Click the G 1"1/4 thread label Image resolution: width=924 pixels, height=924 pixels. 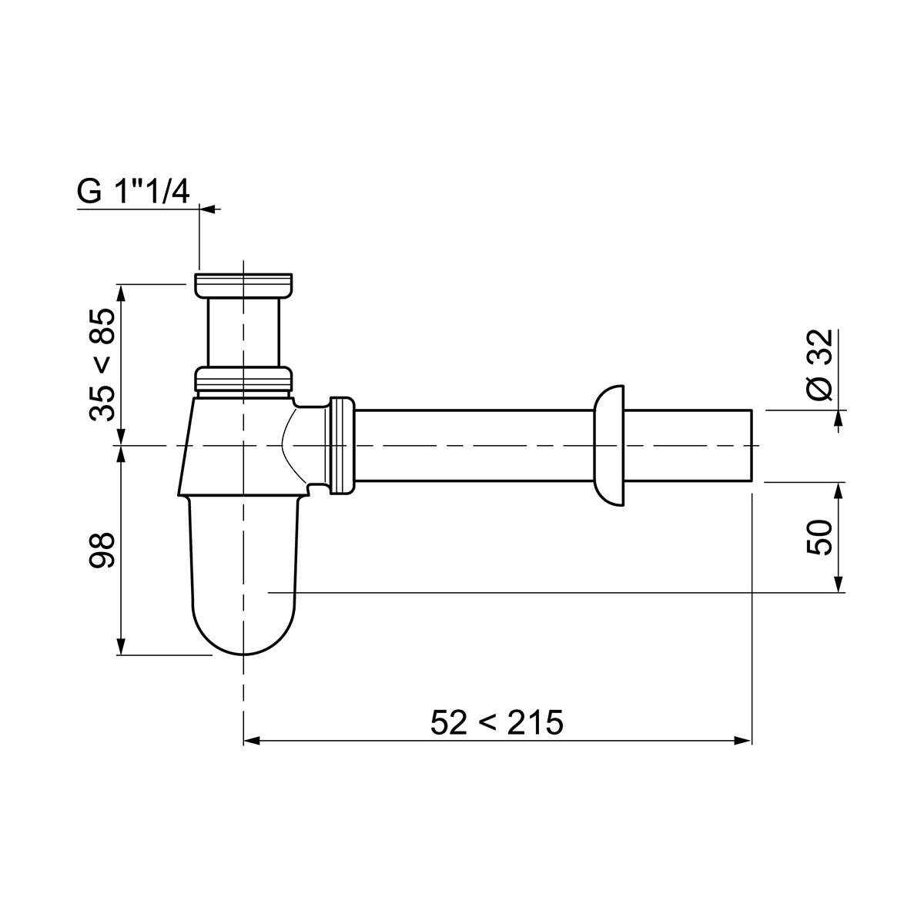click(x=132, y=192)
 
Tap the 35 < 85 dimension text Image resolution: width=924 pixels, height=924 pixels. click(x=102, y=365)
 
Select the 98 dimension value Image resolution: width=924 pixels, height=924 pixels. click(x=102, y=551)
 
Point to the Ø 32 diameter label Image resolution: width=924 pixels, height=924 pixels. click(x=819, y=364)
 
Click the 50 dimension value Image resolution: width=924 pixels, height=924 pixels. click(x=819, y=537)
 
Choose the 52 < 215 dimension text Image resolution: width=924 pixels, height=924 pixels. click(x=497, y=722)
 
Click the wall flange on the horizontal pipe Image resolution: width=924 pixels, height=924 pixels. click(x=609, y=446)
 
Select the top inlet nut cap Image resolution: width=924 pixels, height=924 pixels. click(x=243, y=286)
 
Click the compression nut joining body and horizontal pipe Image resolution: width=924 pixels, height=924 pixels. click(x=343, y=446)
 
